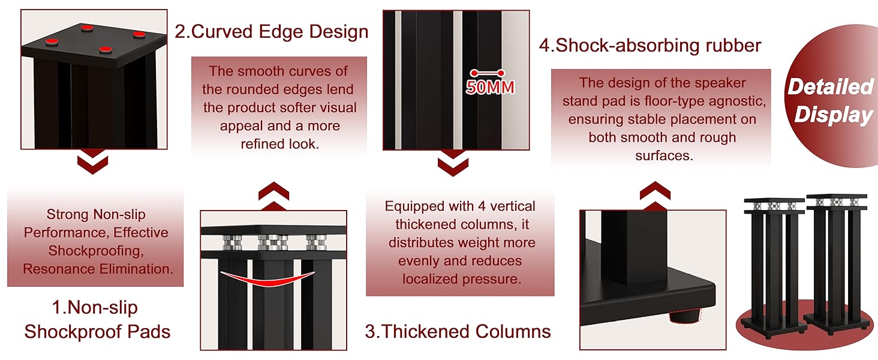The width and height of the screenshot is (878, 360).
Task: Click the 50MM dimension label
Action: coord(490,87)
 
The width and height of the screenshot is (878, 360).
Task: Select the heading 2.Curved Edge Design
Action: coord(271,31)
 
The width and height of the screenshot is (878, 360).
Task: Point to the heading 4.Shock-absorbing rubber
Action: coord(650,45)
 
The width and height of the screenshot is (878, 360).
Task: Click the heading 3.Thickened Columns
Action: coord(458,331)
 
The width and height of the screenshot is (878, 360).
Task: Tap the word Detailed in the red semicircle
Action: coord(830,87)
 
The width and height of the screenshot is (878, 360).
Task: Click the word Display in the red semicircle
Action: coord(833,115)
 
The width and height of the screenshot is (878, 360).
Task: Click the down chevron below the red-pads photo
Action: coord(93,164)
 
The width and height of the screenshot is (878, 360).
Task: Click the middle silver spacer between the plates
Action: coord(269,242)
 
